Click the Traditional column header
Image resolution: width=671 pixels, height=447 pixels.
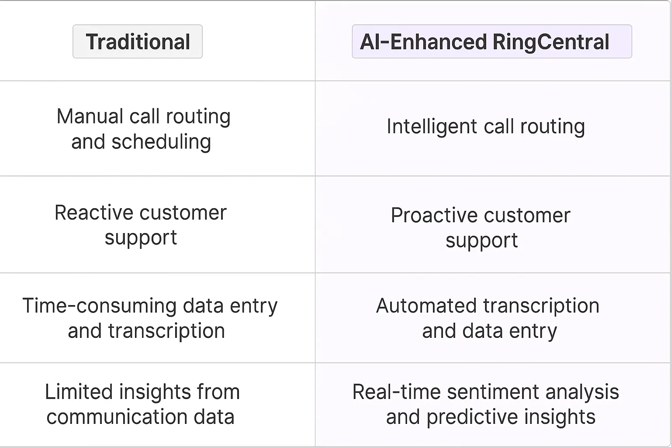coord(138,42)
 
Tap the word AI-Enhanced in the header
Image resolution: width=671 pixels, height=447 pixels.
coord(423,42)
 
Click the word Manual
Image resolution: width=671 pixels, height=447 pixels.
coord(90,117)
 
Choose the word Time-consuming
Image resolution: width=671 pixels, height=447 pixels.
coord(99,306)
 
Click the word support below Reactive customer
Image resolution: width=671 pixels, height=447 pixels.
coord(141,238)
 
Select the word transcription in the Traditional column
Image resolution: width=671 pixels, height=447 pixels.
coord(166,331)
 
